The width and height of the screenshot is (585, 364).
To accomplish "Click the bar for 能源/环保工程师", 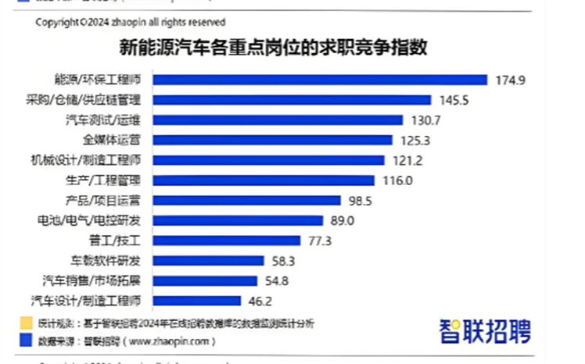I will click(320, 80).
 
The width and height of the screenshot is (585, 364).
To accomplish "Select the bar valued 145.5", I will click(292, 100).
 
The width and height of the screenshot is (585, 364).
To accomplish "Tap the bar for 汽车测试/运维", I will click(278, 120).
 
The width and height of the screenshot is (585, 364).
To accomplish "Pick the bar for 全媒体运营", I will click(272, 140).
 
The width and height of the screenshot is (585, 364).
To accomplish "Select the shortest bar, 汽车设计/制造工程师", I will click(196, 301).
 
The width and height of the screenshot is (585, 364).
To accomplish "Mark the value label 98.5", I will click(361, 200).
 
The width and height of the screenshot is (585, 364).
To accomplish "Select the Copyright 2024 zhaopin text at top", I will click(130, 22).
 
